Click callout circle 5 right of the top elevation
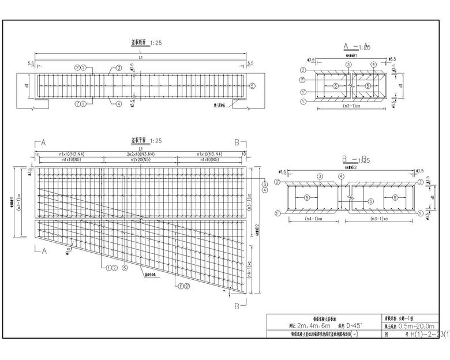pos(252,85)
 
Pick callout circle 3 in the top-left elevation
pos(119,68)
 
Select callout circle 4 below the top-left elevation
pos(118,104)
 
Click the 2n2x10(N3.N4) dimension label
pos(140,154)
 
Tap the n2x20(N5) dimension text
pos(140,159)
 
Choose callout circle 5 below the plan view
pos(124,268)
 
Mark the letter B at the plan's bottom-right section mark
pos(237,306)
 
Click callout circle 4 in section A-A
pos(373,64)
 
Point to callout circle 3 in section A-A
pos(348,64)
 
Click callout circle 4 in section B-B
pos(341,176)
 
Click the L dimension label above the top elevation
pos(140,51)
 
